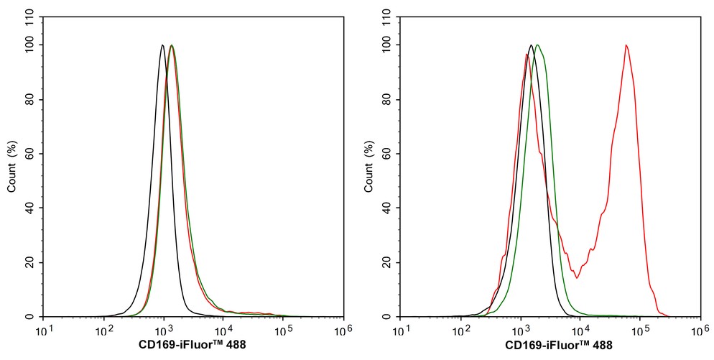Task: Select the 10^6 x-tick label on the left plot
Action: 343,331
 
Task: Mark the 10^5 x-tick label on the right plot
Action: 641,331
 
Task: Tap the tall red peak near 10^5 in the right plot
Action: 626,46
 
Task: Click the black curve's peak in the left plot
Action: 162,45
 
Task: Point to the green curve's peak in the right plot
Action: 537,45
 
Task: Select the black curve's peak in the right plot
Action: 531,45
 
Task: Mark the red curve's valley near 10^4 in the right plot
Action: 576,277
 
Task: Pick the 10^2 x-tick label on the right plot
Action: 462,331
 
